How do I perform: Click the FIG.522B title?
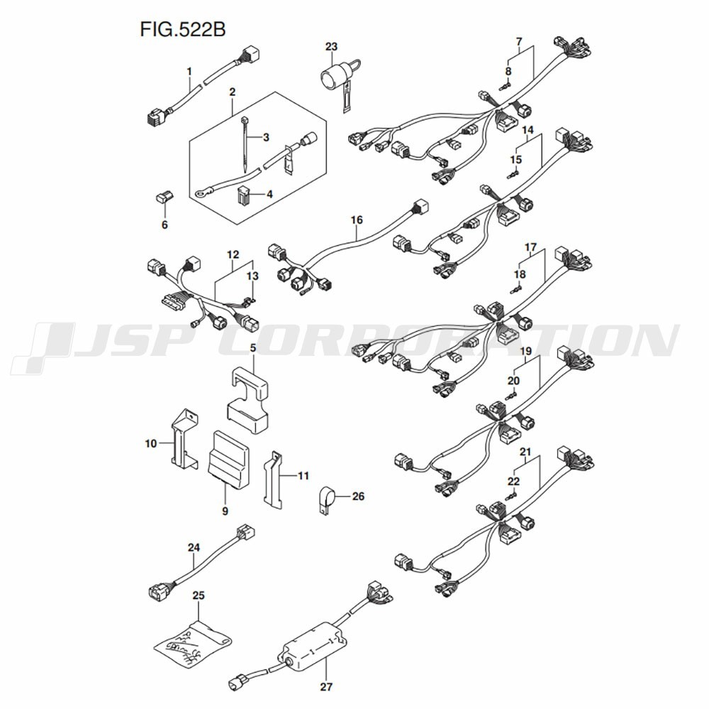click(183, 29)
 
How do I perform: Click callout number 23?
click(331, 47)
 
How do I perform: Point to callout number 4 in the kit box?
click(269, 194)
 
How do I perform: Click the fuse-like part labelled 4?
click(244, 195)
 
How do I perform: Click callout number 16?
click(357, 220)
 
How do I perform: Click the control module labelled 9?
click(228, 459)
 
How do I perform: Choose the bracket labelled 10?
click(185, 437)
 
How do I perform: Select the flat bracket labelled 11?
click(272, 478)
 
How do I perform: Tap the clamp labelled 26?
click(326, 500)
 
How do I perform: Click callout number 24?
click(194, 547)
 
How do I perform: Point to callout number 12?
click(233, 255)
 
